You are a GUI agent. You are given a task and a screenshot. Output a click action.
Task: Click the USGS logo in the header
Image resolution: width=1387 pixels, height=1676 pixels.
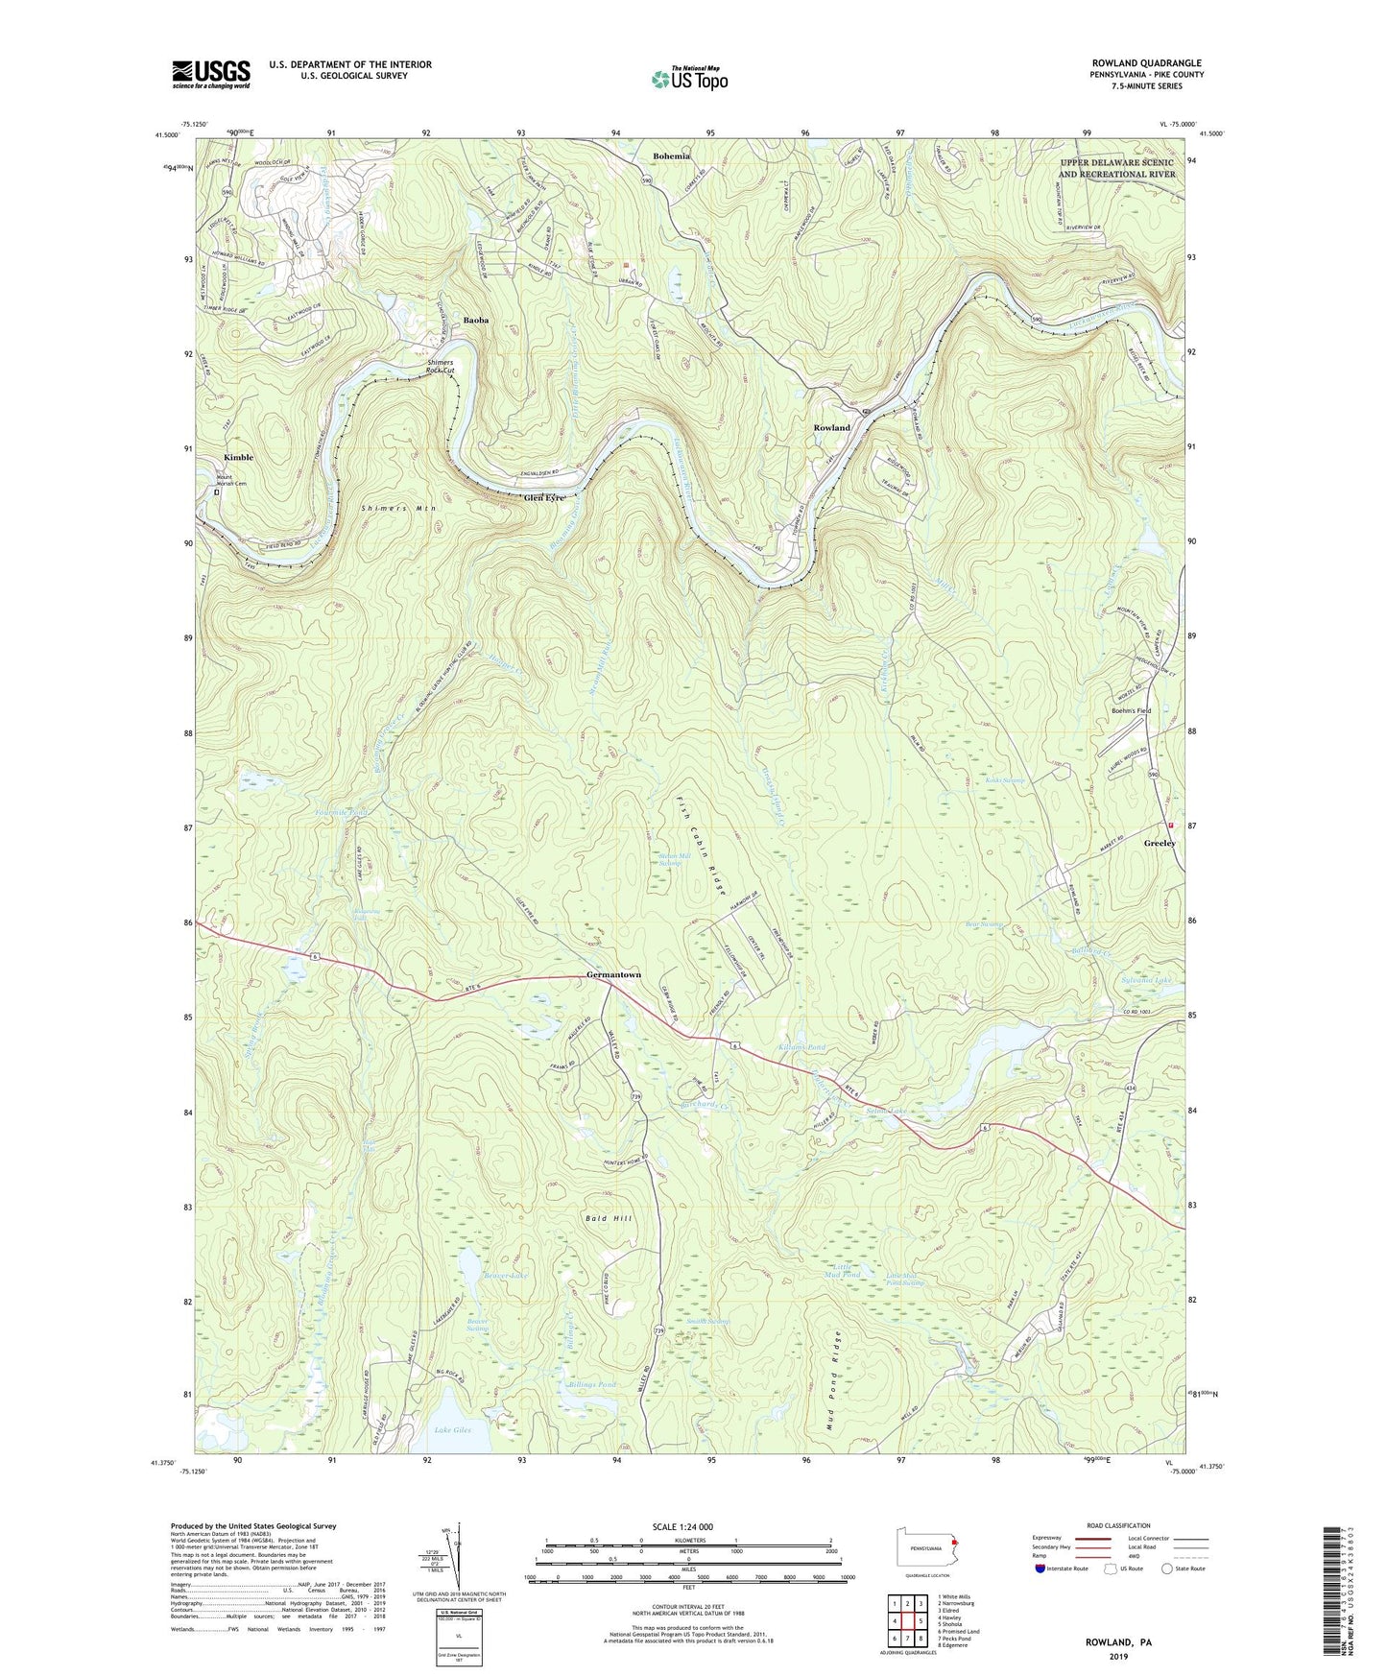click(x=211, y=74)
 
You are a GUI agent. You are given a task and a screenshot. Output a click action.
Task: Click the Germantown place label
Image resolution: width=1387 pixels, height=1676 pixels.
click(x=613, y=975)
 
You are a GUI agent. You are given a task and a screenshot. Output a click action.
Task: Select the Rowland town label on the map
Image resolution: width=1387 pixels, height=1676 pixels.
click(x=831, y=427)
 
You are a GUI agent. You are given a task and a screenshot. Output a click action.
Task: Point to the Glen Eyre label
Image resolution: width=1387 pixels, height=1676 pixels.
click(x=544, y=498)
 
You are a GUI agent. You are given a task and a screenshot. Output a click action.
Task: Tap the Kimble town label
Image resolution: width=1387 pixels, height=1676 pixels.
click(x=238, y=458)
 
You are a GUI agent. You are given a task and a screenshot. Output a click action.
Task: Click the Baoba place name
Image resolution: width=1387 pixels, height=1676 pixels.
click(x=477, y=321)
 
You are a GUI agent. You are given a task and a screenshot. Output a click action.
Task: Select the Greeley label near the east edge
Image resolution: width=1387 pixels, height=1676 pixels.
click(x=1160, y=843)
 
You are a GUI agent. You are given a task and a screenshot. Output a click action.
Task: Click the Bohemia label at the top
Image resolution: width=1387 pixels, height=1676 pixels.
click(x=671, y=156)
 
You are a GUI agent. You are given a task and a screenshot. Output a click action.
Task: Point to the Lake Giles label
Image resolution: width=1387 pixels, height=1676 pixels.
click(x=452, y=1430)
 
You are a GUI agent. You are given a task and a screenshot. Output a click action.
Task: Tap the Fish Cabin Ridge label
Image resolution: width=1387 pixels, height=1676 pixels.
click(x=702, y=845)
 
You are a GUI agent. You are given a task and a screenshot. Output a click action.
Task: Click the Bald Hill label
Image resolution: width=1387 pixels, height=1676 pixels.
click(x=609, y=1218)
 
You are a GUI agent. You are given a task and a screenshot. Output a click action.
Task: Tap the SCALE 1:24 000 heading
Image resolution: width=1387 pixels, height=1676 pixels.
click(x=688, y=1526)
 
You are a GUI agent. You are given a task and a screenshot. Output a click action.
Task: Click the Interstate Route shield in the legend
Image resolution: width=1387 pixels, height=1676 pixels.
click(x=1041, y=1568)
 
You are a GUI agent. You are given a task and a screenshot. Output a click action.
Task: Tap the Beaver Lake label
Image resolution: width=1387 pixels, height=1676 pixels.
click(x=506, y=1275)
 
